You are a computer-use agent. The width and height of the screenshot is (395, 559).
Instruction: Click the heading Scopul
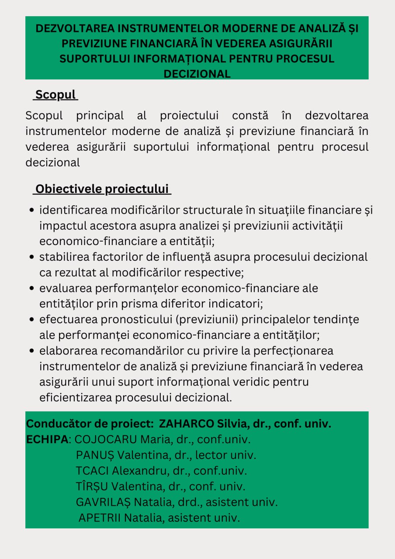pyautogui.click(x=55, y=94)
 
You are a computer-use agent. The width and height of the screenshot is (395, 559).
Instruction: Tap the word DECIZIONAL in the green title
pyautogui.click(x=197, y=74)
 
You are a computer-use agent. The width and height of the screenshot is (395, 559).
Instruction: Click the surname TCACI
pyautogui.click(x=92, y=471)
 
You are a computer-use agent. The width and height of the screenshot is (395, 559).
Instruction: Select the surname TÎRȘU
pyautogui.click(x=92, y=487)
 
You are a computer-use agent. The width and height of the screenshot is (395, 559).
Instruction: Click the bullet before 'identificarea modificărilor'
pyautogui.click(x=31, y=210)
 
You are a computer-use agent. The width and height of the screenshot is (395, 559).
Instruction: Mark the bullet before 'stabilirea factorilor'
pyautogui.click(x=31, y=257)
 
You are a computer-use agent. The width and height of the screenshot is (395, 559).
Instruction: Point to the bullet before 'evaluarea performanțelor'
pyautogui.click(x=31, y=289)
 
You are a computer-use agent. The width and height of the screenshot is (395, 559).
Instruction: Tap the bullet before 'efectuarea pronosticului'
pyautogui.click(x=31, y=320)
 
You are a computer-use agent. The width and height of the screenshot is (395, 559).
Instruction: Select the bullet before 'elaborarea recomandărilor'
pyautogui.click(x=31, y=352)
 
